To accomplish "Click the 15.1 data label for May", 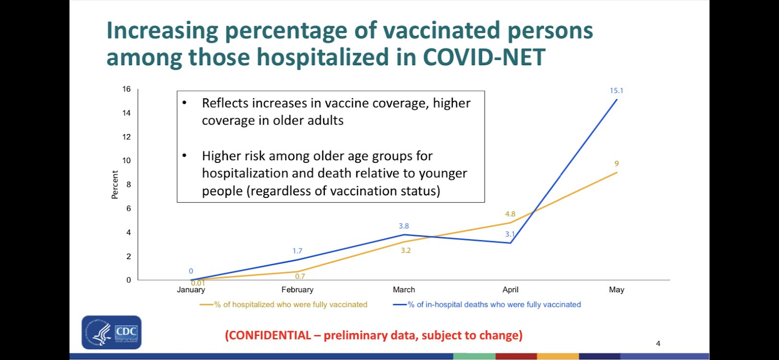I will click(x=616, y=91).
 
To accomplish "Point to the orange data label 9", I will click(x=616, y=164).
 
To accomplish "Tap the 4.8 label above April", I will click(x=510, y=214).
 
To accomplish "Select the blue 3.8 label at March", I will click(x=404, y=226).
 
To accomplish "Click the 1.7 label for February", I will click(x=297, y=251).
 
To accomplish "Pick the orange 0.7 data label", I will click(x=300, y=276).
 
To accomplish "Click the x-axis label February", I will click(x=297, y=289).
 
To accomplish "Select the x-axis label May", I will click(x=616, y=289).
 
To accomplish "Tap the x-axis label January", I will click(x=191, y=289).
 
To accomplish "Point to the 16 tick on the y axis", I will click(x=127, y=89).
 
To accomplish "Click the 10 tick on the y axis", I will click(x=127, y=161).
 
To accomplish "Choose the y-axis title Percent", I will click(x=115, y=184).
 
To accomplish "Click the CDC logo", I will click(x=111, y=332).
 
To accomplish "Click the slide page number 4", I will click(x=658, y=343).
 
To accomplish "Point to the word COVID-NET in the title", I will click(x=484, y=57).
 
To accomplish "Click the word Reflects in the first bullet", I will click(x=224, y=103).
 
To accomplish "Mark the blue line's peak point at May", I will click(x=617, y=99).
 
